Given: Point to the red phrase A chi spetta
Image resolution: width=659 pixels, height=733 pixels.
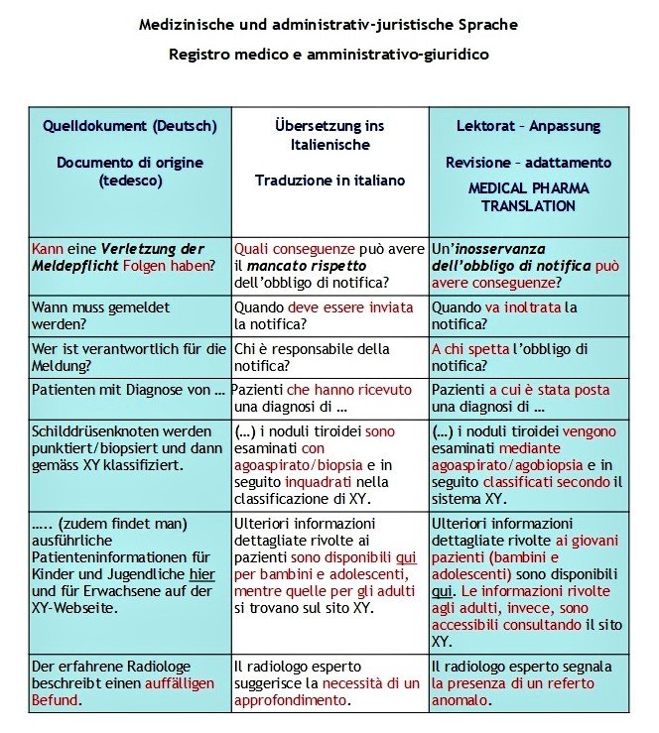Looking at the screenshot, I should [x=471, y=348].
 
